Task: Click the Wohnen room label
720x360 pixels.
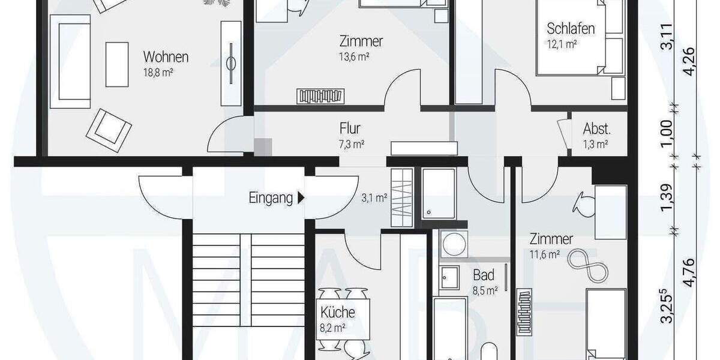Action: pyautogui.click(x=166, y=58)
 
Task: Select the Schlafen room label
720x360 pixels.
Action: pyautogui.click(x=570, y=29)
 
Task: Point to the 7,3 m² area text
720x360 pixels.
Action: pyautogui.click(x=352, y=144)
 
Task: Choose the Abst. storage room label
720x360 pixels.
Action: pyautogui.click(x=596, y=129)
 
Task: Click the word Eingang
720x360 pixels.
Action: pyautogui.click(x=271, y=197)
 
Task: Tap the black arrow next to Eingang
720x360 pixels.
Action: pyautogui.click(x=301, y=197)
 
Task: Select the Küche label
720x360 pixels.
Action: pyautogui.click(x=337, y=312)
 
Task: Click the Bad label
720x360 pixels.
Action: pyautogui.click(x=484, y=275)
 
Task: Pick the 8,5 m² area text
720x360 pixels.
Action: pyautogui.click(x=484, y=291)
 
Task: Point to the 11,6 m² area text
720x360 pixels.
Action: pyautogui.click(x=545, y=254)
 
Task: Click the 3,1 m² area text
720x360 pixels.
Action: pyautogui.click(x=374, y=197)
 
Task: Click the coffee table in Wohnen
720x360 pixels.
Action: pyautogui.click(x=117, y=64)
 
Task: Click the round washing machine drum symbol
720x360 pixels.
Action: pyautogui.click(x=451, y=245)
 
